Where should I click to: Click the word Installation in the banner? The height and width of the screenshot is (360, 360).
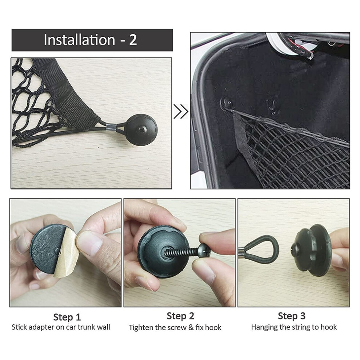[x=79, y=40]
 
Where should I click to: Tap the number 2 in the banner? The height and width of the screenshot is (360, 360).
[x=133, y=40]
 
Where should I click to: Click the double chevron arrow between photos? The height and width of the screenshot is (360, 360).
[x=181, y=111]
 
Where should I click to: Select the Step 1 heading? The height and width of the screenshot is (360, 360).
[x=67, y=317]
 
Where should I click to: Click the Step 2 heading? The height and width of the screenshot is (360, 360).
[x=180, y=316]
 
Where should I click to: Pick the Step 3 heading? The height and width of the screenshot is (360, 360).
[x=292, y=316]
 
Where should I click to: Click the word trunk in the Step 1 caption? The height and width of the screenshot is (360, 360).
[x=86, y=327]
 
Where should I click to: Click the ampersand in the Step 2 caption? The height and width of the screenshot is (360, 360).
[x=191, y=327]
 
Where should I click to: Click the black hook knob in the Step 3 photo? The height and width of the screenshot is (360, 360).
[x=311, y=249]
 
